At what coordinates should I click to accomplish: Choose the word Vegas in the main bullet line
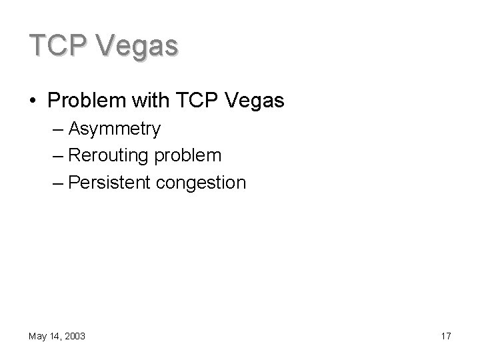tap(256, 101)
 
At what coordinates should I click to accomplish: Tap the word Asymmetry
tap(114, 129)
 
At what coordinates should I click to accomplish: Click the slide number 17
tap(445, 337)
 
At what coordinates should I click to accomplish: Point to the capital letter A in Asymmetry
tap(74, 128)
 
